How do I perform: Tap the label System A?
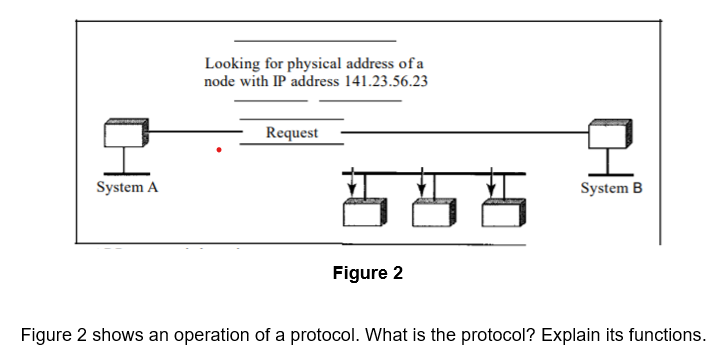click(127, 187)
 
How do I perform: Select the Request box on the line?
click(292, 132)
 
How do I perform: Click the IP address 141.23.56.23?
click(385, 81)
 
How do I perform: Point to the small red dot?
click(220, 151)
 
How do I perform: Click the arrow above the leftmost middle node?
click(351, 182)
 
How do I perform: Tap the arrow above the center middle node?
click(421, 182)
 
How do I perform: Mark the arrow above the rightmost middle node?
click(491, 182)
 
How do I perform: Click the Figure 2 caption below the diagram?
click(368, 273)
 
